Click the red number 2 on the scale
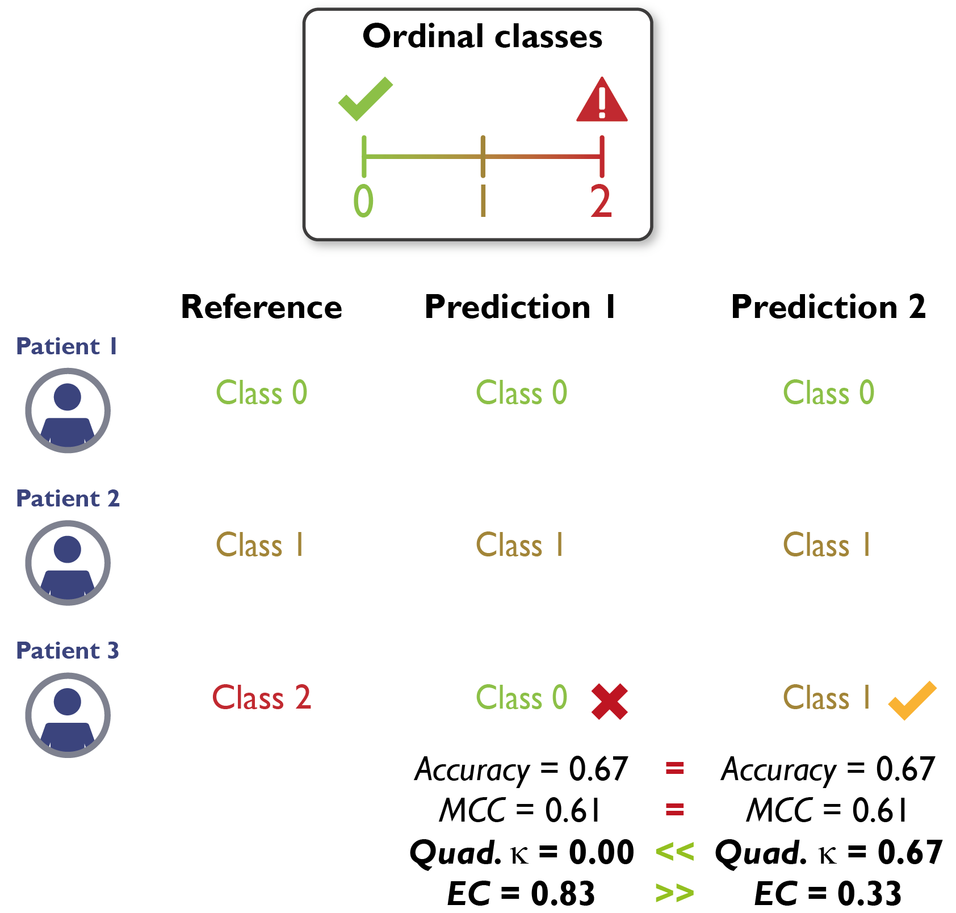(x=601, y=202)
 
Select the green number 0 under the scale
(x=363, y=202)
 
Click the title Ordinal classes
(x=482, y=37)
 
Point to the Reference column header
(x=261, y=307)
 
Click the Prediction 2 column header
(x=828, y=307)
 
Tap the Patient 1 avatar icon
(x=68, y=411)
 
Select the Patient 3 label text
(x=68, y=651)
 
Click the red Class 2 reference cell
(x=261, y=697)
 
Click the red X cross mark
(x=609, y=702)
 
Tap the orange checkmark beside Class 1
(x=912, y=700)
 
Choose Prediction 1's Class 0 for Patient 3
(x=521, y=697)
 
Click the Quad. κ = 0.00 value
(x=521, y=853)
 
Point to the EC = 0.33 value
(x=828, y=894)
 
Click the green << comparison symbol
(x=674, y=852)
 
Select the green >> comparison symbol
(x=674, y=894)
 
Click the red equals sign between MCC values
(x=674, y=810)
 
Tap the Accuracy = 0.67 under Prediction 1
(x=521, y=769)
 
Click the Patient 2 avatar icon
(x=68, y=563)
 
